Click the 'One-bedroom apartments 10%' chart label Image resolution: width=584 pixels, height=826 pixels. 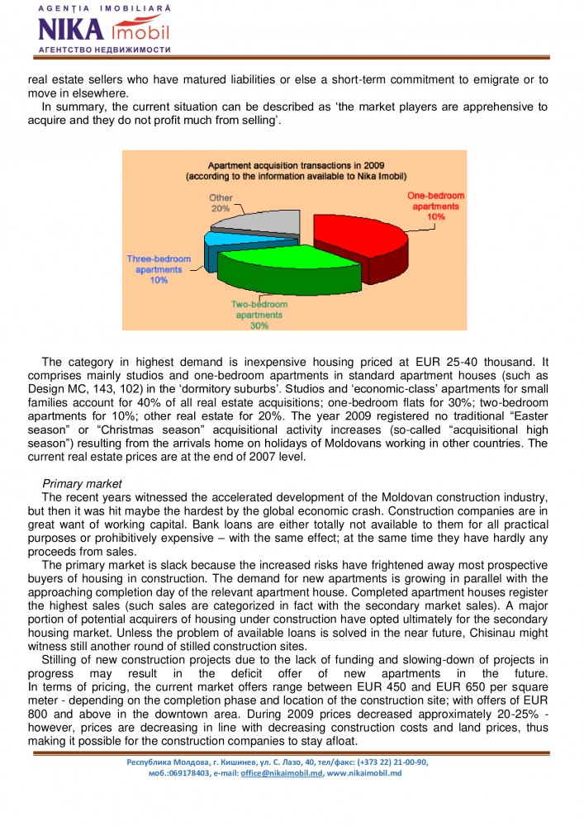tap(436, 206)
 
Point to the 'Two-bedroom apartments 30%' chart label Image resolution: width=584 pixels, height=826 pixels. tap(259, 315)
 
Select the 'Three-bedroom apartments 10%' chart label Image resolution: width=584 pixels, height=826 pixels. tap(159, 270)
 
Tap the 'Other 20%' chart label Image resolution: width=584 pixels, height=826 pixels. tap(220, 204)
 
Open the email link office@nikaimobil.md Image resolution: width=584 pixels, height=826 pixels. tap(281, 773)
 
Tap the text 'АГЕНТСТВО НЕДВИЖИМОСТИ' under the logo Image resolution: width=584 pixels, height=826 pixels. tap(104, 50)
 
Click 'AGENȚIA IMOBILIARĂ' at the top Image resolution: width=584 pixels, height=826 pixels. tap(104, 7)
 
